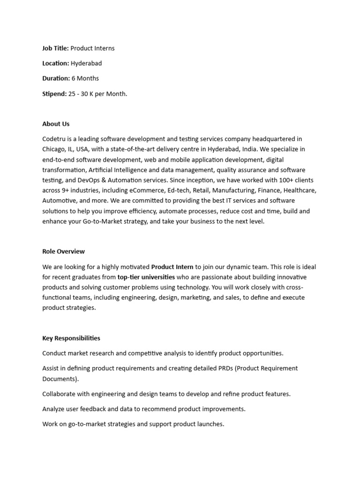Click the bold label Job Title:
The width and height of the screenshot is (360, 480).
tap(55, 48)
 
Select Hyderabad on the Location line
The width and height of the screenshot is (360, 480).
tap(86, 63)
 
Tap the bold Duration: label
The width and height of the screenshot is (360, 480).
tap(56, 78)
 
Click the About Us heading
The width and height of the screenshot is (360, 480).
tap(56, 124)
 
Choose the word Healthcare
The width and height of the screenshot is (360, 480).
tap(300, 190)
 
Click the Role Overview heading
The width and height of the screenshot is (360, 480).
tap(64, 252)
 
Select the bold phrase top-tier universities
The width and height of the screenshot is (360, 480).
tap(146, 277)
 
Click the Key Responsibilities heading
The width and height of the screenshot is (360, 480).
tap(71, 338)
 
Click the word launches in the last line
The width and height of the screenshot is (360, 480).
tap(211, 424)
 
